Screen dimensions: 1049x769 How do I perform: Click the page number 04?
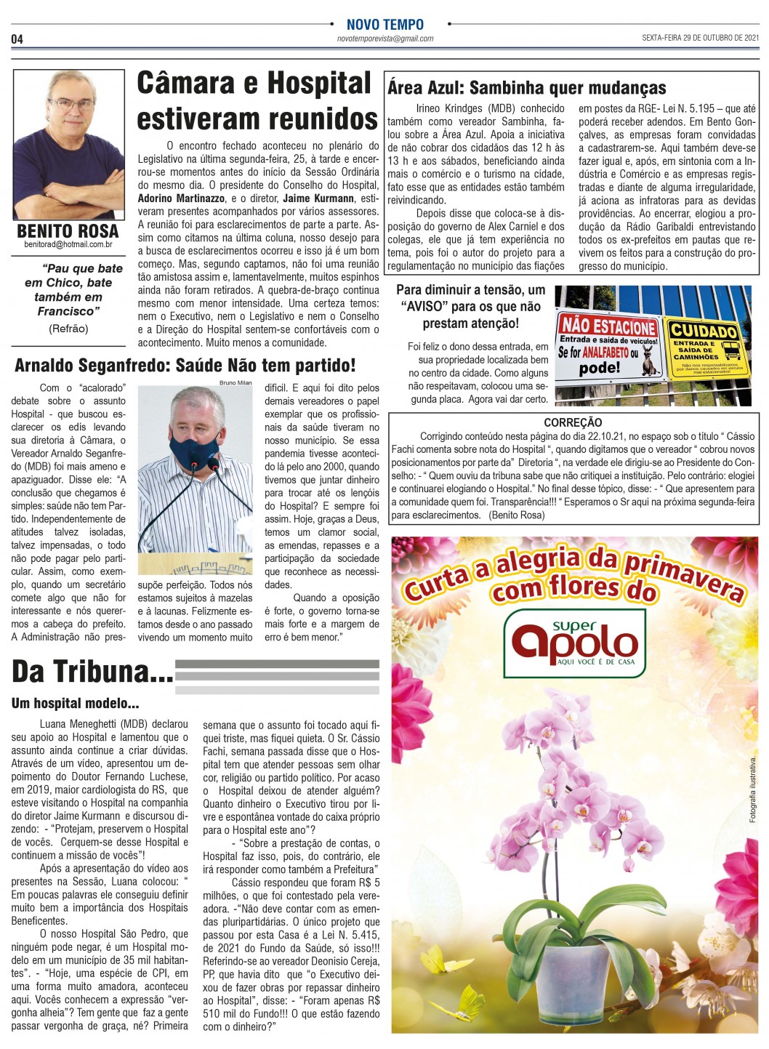coord(17,39)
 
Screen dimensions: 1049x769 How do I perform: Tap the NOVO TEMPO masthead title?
coord(384,24)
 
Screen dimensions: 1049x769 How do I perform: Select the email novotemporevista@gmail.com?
coord(384,39)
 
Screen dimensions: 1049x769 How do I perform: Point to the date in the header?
coord(700,38)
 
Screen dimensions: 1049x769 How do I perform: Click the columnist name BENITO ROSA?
coord(68,231)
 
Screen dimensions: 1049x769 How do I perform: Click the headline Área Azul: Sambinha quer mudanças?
coord(526,88)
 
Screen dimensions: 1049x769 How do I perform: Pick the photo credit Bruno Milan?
coord(235,382)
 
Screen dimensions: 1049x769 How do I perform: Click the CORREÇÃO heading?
coord(573,422)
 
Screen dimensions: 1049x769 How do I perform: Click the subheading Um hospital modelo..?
coord(75,704)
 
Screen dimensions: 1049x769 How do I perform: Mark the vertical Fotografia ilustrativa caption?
coord(753,789)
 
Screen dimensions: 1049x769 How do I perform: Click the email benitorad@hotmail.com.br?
coord(68,245)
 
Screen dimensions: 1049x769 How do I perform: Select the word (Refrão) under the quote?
coord(68,329)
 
